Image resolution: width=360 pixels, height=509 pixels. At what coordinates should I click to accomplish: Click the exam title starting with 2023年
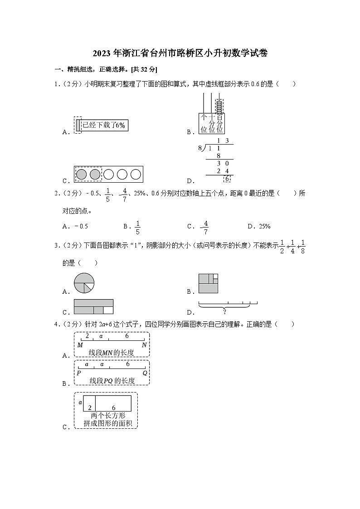click(x=180, y=53)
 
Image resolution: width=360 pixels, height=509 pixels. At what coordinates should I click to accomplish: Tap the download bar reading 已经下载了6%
click(x=104, y=125)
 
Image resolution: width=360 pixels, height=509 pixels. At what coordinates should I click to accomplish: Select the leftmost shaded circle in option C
click(x=82, y=174)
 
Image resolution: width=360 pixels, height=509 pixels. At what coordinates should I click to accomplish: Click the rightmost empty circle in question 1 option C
click(x=136, y=174)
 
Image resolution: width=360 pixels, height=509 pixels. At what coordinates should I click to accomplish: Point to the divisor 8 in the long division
click(x=200, y=148)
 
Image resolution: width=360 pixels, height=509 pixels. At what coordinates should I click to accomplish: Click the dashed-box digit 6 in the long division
click(x=227, y=179)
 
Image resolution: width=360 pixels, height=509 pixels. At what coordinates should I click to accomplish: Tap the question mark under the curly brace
click(x=224, y=311)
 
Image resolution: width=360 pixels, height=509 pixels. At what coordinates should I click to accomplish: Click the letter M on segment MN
click(x=80, y=345)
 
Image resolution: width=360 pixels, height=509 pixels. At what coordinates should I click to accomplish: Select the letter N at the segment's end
click(x=144, y=345)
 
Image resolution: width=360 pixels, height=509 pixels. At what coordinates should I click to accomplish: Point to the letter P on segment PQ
click(x=78, y=373)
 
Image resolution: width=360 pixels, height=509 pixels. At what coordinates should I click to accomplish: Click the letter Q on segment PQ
click(x=145, y=373)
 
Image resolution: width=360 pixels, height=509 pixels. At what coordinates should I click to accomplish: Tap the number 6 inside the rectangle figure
click(x=114, y=408)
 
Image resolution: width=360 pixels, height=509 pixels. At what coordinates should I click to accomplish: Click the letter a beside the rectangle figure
click(x=80, y=402)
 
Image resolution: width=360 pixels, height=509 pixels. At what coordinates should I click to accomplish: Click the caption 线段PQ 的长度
click(x=112, y=381)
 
